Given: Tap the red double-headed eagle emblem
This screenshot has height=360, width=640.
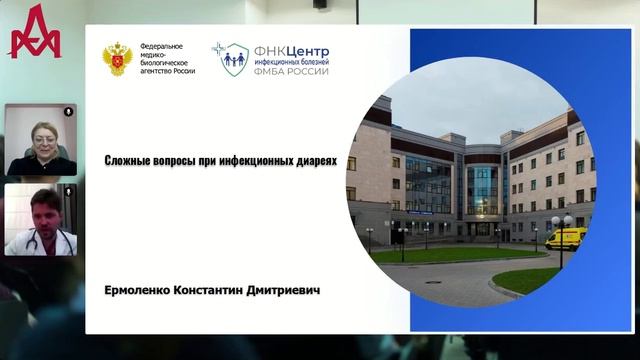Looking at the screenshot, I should coord(116,60).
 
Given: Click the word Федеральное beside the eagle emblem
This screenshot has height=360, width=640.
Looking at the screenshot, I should coord(161,48).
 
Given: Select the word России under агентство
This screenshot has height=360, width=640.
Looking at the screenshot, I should coord(182,71).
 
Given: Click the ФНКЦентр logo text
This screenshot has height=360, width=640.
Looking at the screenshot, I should coord(291,50).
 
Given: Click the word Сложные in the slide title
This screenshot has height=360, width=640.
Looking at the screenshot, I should coord(129,160).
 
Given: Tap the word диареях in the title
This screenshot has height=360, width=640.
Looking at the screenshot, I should coord(315,160).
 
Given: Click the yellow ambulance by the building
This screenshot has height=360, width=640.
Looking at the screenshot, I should coord(565,237).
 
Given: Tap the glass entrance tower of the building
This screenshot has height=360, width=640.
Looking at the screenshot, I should coord(482,190).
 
